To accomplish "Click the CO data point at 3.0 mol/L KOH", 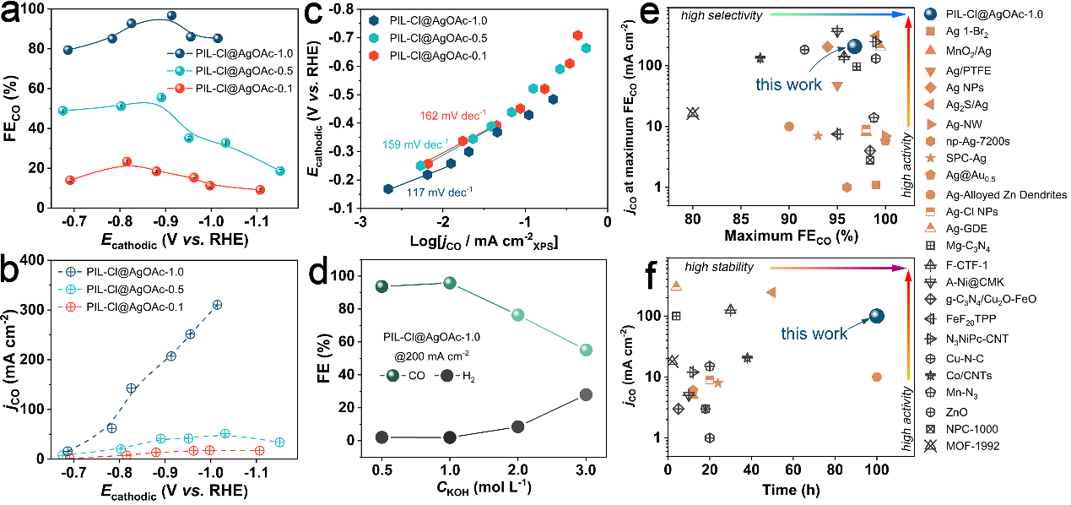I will [586, 350].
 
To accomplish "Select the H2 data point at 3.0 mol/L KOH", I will [586, 394].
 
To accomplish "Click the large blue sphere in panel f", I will [876, 316].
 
